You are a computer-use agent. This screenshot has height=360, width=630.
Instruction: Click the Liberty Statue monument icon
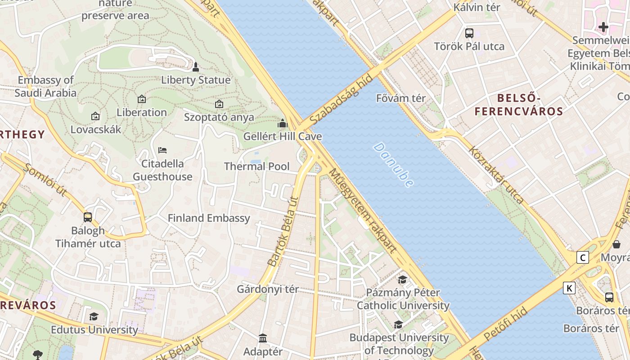tap(195, 67)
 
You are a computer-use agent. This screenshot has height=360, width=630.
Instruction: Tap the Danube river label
tap(393, 165)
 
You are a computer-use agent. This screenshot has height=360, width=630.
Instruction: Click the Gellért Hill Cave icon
tap(283, 123)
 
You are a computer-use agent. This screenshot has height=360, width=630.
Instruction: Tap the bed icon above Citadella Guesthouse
tap(162, 150)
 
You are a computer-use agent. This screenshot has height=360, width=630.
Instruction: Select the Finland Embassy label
tap(209, 218)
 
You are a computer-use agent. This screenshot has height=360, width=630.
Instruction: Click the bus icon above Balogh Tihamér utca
tap(88, 217)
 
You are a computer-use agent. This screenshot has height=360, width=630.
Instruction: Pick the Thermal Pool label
tap(257, 166)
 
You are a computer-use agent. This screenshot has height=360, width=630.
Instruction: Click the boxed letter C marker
tap(583, 257)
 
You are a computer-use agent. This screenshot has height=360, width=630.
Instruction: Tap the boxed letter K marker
tap(569, 288)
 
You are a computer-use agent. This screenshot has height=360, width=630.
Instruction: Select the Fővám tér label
tap(401, 98)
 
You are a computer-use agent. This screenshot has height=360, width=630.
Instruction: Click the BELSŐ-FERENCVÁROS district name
tap(519, 104)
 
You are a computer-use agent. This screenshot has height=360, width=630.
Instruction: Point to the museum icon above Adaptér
tap(263, 337)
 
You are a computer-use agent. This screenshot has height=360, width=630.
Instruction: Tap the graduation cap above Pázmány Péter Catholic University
tap(402, 279)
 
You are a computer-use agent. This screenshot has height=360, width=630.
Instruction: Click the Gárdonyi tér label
tap(268, 289)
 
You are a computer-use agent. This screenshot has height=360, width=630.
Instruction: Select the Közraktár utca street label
tap(497, 175)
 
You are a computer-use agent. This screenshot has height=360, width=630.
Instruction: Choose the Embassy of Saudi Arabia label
tap(45, 86)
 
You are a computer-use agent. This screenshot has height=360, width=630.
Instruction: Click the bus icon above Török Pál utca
tap(469, 33)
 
